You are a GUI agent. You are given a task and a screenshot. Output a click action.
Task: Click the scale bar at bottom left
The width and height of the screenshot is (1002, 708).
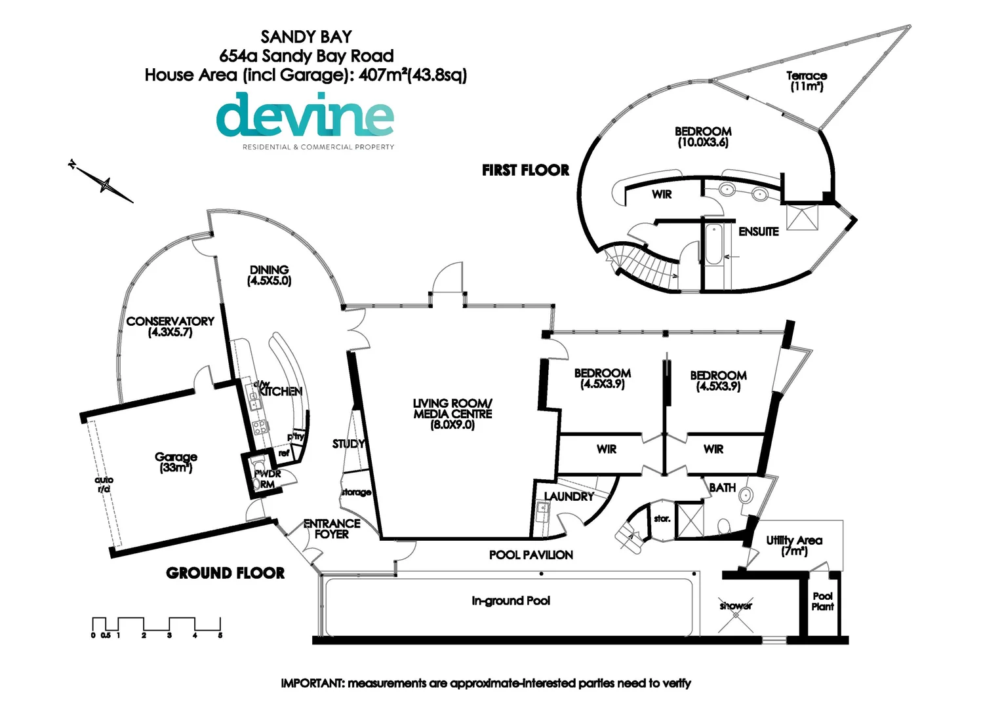click(156, 625)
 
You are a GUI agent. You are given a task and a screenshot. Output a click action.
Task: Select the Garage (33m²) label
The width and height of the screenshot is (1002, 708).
click(176, 462)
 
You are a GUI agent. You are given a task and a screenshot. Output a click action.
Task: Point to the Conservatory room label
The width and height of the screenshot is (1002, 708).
click(170, 326)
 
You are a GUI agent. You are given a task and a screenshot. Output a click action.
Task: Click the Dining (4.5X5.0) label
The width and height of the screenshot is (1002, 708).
click(269, 275)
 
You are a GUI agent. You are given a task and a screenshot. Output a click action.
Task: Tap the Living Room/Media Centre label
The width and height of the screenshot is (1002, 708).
click(452, 414)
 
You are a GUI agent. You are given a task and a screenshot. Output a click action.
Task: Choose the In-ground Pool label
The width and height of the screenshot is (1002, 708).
click(510, 600)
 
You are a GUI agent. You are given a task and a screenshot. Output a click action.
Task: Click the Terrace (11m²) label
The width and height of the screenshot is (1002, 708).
click(807, 81)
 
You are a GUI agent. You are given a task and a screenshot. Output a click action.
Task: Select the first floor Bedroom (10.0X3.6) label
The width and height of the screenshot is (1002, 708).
click(703, 136)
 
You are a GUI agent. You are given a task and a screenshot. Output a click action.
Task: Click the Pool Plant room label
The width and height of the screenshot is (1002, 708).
click(822, 601)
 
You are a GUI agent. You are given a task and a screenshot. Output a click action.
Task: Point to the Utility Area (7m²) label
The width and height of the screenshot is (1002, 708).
click(794, 545)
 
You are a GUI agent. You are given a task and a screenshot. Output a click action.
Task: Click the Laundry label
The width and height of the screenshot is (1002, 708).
click(569, 496)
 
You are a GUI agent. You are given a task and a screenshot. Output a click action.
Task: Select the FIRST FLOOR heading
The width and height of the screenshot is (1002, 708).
click(525, 170)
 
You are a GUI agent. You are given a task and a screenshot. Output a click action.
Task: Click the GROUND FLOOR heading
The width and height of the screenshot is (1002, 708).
click(225, 573)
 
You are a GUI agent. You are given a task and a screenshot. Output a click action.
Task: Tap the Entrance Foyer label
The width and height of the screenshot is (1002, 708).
click(332, 528)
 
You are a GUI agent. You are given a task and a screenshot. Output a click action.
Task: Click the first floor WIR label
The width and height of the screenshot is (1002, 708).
click(662, 194)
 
